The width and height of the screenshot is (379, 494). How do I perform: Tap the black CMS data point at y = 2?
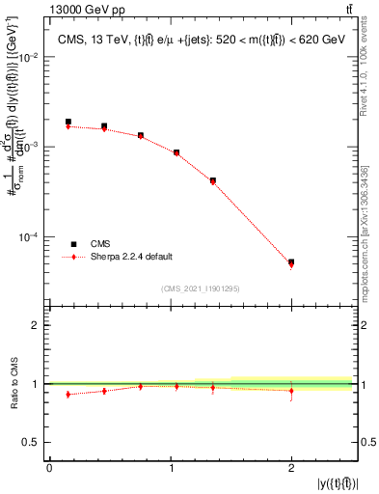291,261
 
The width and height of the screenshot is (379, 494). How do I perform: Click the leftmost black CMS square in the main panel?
68,123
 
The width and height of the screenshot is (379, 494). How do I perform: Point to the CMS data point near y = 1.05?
176,152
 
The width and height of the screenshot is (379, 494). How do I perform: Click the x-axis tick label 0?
49,469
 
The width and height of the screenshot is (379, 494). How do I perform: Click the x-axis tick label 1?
170,469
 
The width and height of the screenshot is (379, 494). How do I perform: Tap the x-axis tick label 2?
291,469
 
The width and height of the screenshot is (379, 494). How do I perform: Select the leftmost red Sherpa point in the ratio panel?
68,394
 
